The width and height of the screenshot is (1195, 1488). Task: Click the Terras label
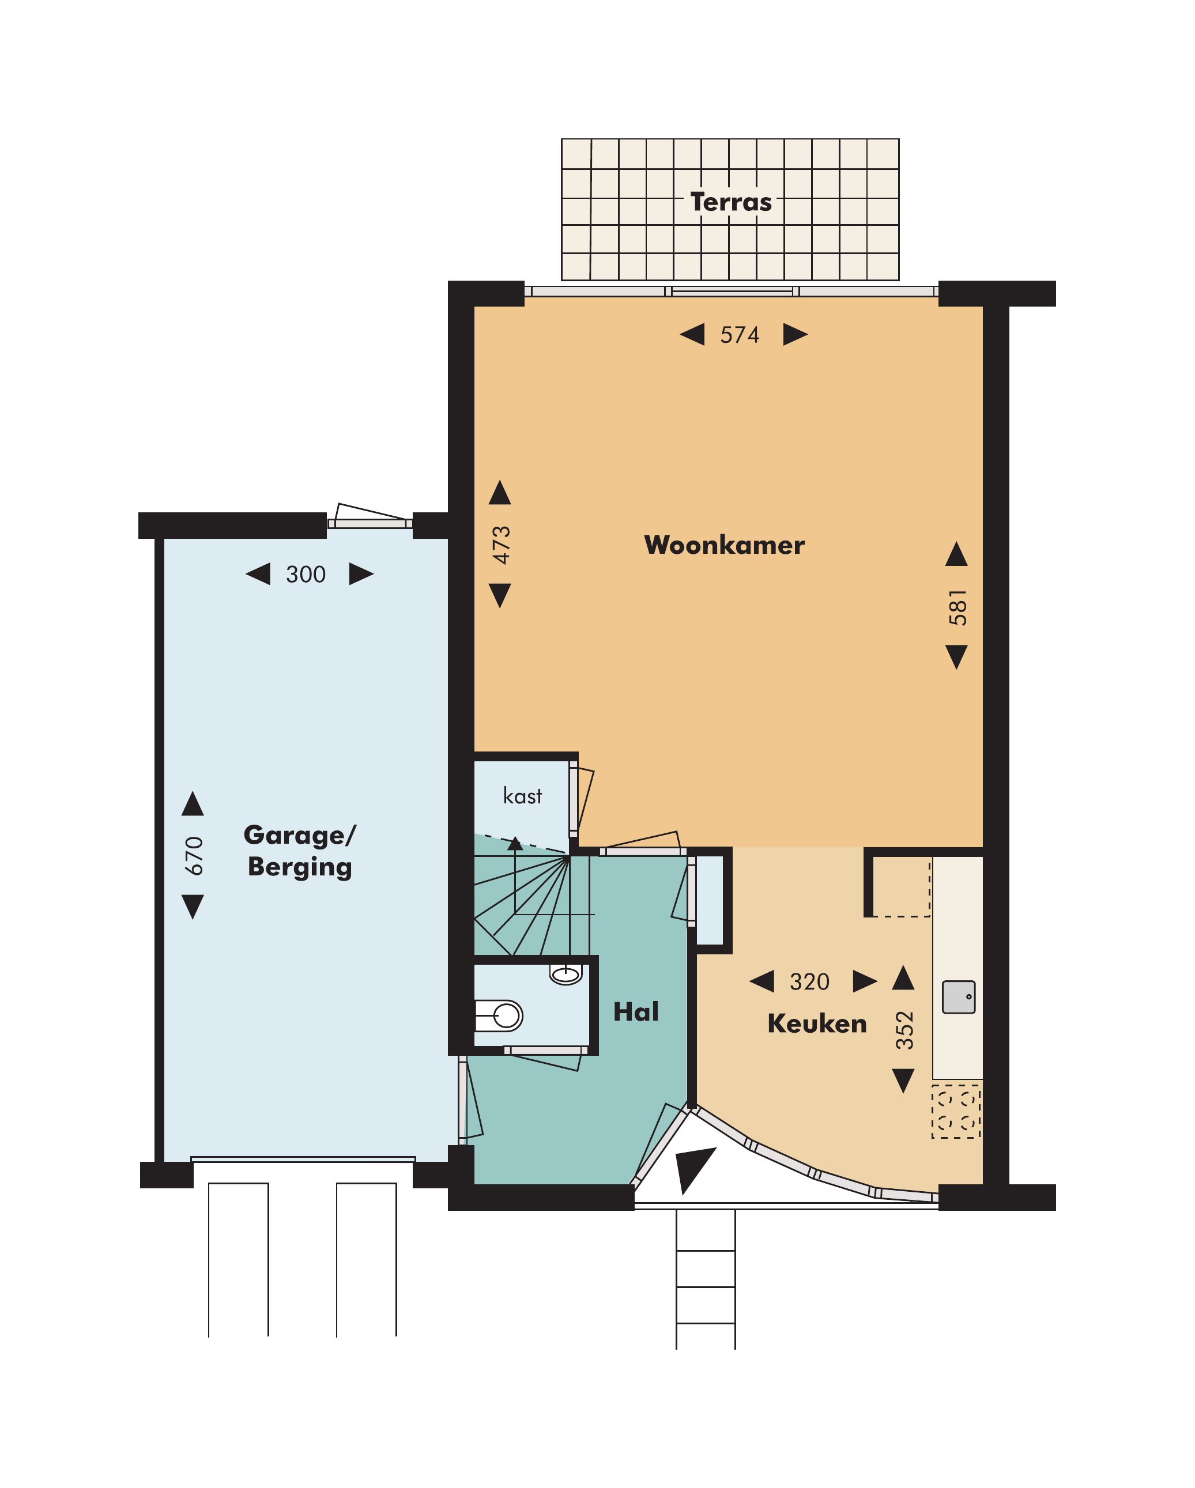(730, 202)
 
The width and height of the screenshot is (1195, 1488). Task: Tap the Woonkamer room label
(724, 545)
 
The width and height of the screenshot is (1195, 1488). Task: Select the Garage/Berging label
(300, 851)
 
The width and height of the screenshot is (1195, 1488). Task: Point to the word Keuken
(817, 1024)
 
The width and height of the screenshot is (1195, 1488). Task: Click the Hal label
(636, 1012)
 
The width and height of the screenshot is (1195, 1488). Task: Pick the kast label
(523, 796)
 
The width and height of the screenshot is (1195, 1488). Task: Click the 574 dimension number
(740, 335)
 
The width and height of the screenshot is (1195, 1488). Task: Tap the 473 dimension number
(501, 545)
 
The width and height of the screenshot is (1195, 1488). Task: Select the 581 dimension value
(957, 607)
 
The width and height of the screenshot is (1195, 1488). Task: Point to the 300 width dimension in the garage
(306, 574)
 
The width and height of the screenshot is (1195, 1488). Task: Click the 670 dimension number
(194, 856)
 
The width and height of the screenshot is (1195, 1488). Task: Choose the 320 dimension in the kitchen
(809, 981)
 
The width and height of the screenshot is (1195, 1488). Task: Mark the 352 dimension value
(904, 1030)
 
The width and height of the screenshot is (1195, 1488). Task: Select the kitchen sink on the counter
(959, 996)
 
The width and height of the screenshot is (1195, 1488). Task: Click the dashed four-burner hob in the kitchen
(956, 1112)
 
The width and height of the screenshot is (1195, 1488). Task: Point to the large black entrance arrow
(694, 1168)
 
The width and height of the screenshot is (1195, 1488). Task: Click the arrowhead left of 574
(692, 335)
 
